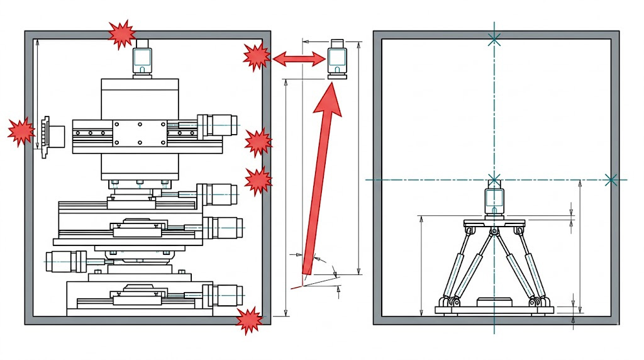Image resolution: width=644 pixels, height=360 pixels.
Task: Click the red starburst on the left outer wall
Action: pyautogui.click(x=21, y=131)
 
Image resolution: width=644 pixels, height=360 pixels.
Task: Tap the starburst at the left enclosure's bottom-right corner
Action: pyautogui.click(x=250, y=320)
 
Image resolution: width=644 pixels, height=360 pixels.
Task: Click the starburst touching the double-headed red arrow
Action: pyautogui.click(x=257, y=57)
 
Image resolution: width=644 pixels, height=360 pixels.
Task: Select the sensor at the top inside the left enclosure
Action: pyautogui.click(x=143, y=59)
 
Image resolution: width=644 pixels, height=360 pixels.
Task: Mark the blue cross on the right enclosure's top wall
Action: pyautogui.click(x=494, y=39)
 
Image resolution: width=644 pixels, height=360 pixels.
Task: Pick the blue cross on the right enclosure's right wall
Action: pyautogui.click(x=611, y=180)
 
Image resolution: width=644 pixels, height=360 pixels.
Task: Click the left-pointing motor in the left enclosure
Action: pyautogui.click(x=69, y=259)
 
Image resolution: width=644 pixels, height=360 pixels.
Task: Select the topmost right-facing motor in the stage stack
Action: pyautogui.click(x=219, y=124)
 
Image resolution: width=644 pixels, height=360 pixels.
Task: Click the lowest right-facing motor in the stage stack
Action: pyautogui.click(x=224, y=293)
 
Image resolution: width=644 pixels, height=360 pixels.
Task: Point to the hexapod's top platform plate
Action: pyautogui.click(x=494, y=223)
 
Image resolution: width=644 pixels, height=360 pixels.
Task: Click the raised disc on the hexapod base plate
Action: pyautogui.click(x=494, y=302)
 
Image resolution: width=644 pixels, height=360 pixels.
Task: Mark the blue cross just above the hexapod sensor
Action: pyautogui.click(x=494, y=179)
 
